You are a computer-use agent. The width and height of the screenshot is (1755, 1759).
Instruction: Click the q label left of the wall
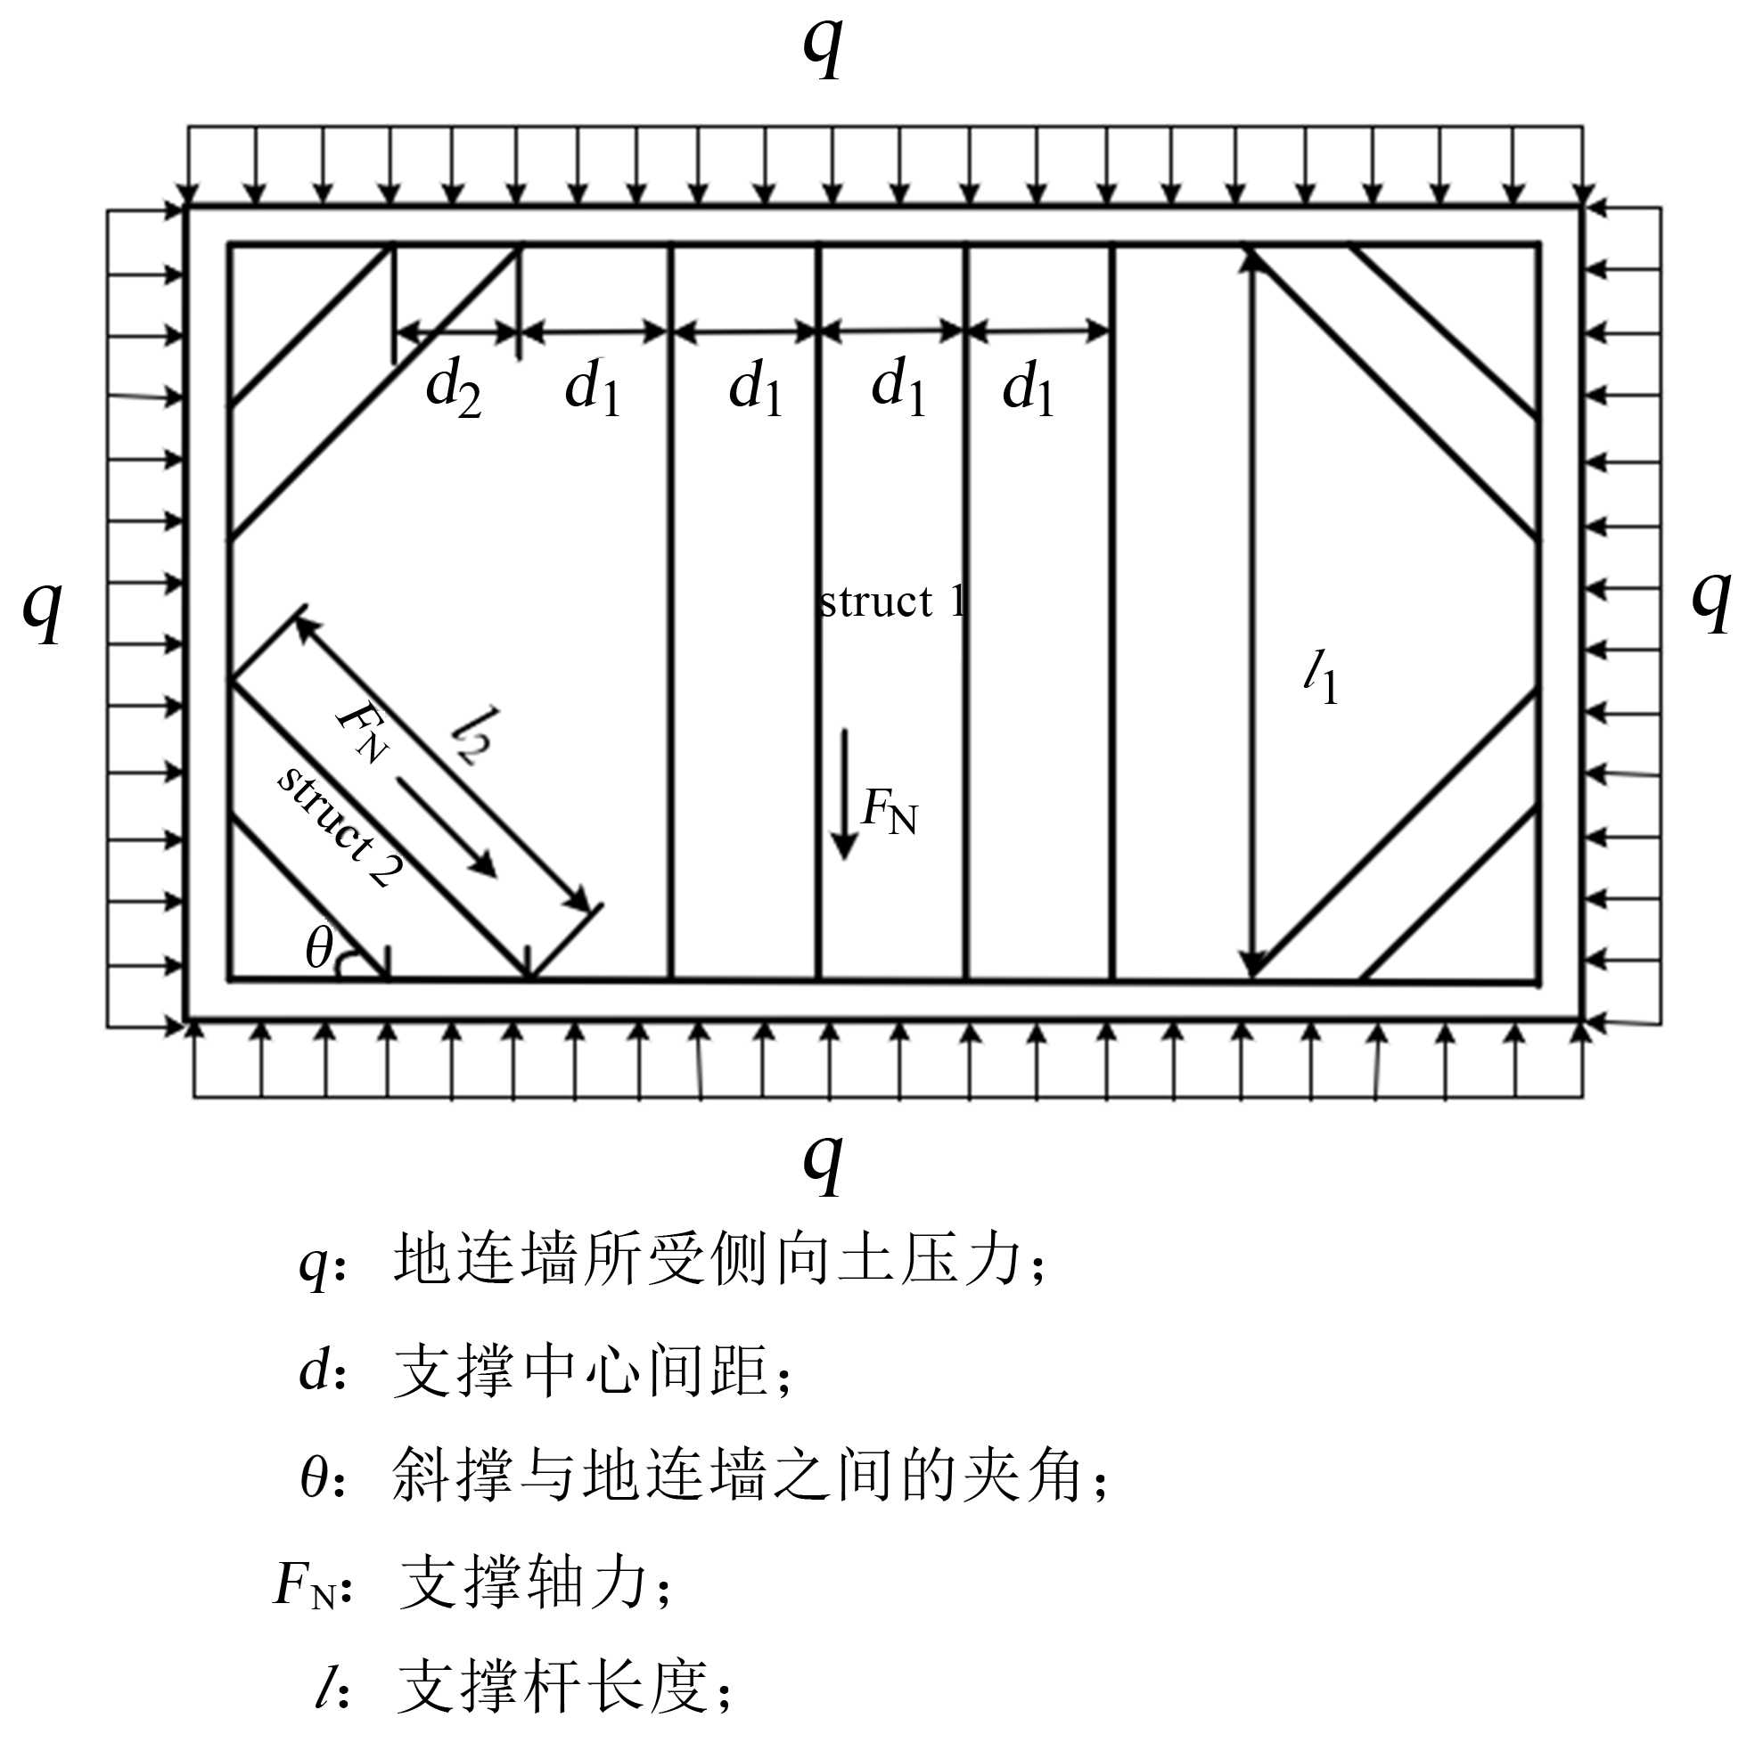tap(42, 608)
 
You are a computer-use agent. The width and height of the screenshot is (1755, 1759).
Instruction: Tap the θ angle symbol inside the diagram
tap(320, 949)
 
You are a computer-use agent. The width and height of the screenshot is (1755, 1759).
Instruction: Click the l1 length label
tap(1320, 678)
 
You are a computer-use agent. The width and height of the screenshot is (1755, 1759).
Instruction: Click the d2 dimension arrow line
tap(456, 333)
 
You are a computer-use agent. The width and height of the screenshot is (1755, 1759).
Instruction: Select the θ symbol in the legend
tap(315, 1477)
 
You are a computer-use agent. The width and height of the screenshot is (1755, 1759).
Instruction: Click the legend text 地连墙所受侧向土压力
tap(707, 1262)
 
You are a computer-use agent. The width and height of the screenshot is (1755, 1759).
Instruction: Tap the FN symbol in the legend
tap(304, 1584)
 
